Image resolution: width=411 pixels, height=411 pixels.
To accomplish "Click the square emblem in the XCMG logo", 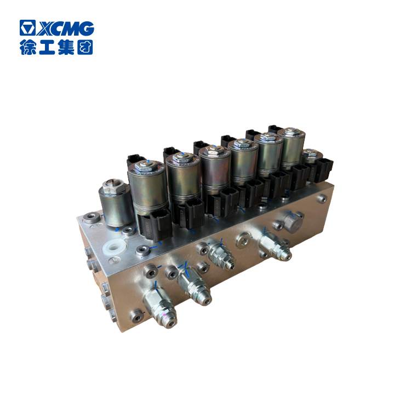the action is click(x=27, y=27).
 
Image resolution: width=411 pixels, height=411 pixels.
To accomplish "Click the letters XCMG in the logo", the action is click(x=65, y=28).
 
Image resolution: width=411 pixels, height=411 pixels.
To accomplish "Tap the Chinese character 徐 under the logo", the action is click(x=28, y=47).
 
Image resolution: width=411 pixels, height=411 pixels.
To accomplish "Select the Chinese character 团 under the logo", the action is click(x=85, y=47).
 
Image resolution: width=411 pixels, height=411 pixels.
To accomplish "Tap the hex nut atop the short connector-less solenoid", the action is click(x=113, y=186).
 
